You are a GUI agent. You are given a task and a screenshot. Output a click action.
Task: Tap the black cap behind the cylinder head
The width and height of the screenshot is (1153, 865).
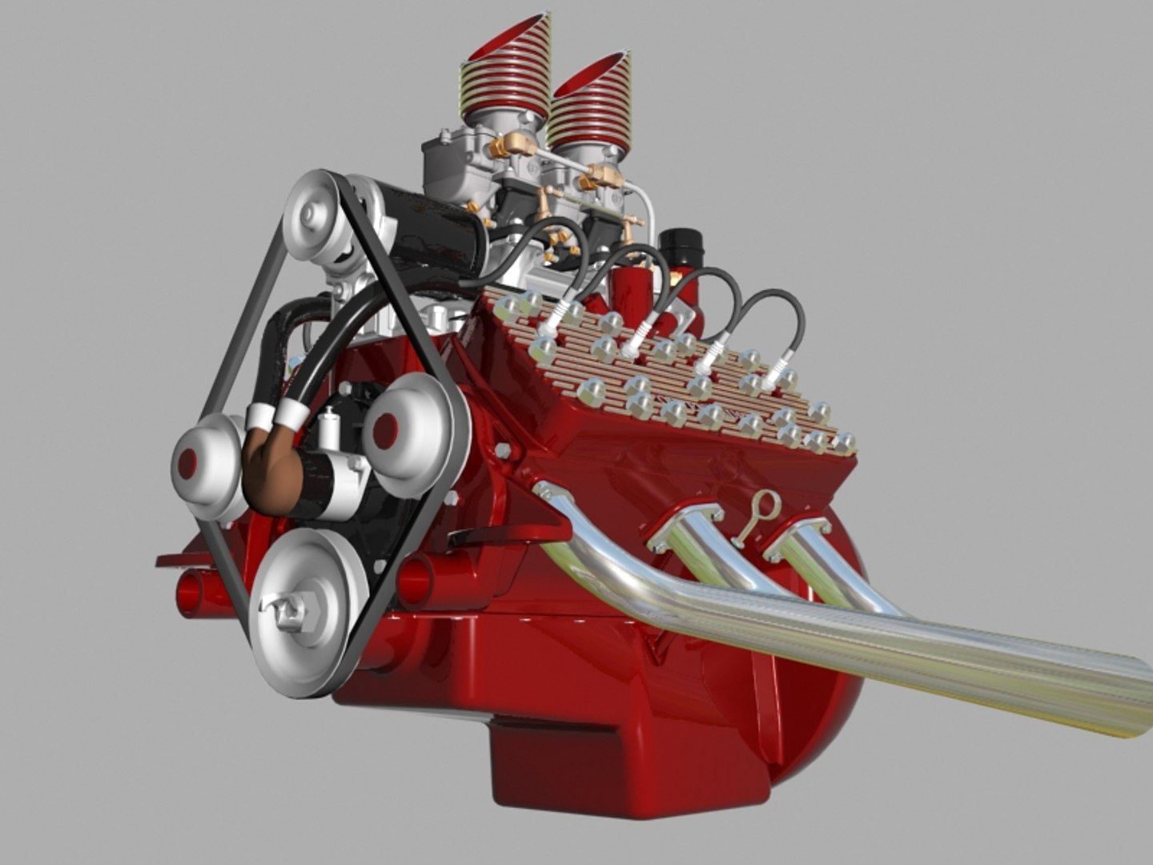point(681,249)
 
